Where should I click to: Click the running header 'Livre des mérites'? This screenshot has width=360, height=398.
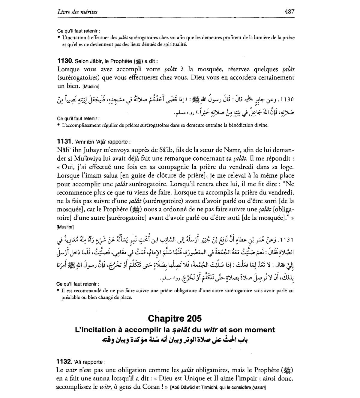[77, 12]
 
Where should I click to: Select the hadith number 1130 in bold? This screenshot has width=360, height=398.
[64, 61]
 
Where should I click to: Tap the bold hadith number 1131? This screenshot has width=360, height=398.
[64, 141]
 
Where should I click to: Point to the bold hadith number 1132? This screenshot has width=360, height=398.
[64, 362]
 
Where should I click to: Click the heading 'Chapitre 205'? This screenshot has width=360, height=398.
[175, 318]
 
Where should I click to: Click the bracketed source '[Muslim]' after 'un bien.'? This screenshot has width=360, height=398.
[91, 87]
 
